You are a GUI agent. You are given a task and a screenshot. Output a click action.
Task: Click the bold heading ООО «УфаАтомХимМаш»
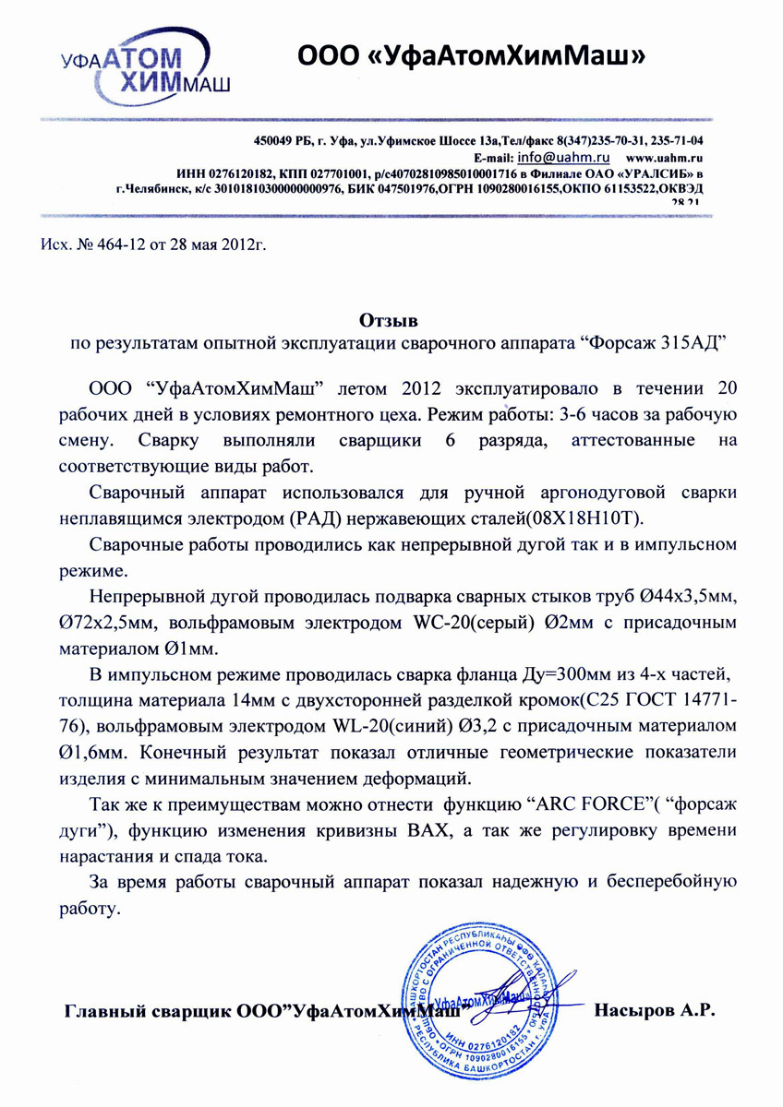(x=469, y=57)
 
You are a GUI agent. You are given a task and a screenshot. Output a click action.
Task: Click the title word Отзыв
(x=388, y=322)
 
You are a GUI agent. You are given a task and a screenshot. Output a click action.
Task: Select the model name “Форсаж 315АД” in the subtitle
(x=653, y=343)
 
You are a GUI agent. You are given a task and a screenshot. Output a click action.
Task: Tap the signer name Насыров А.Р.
(x=657, y=1009)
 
